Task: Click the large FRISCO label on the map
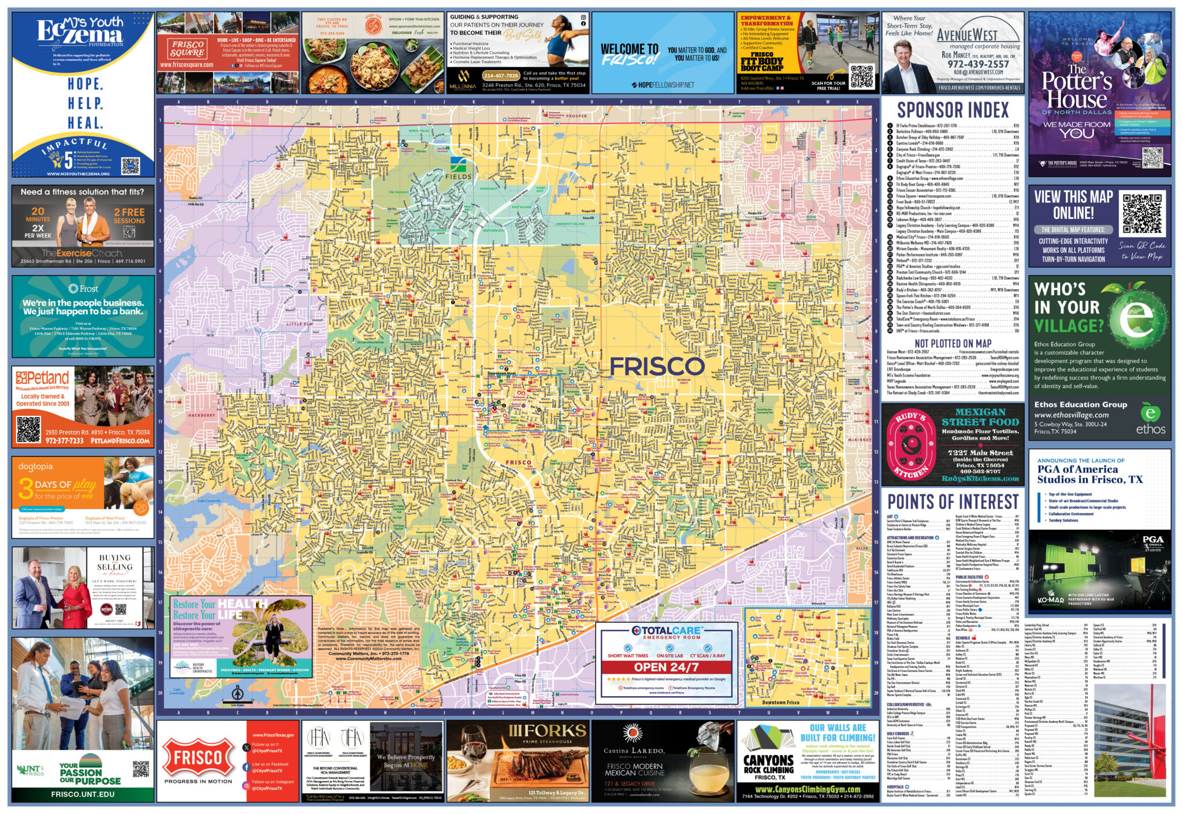click(x=657, y=366)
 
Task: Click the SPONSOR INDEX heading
click(x=953, y=110)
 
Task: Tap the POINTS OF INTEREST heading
click(x=953, y=501)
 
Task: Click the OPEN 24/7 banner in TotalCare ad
click(x=666, y=667)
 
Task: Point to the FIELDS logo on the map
click(x=458, y=168)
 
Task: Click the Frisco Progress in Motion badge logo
click(x=198, y=758)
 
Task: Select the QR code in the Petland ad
click(x=28, y=429)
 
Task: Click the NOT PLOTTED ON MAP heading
click(x=953, y=343)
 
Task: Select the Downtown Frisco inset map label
click(x=780, y=703)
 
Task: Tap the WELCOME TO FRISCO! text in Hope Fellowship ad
click(x=629, y=54)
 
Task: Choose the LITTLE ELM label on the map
click(x=299, y=324)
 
